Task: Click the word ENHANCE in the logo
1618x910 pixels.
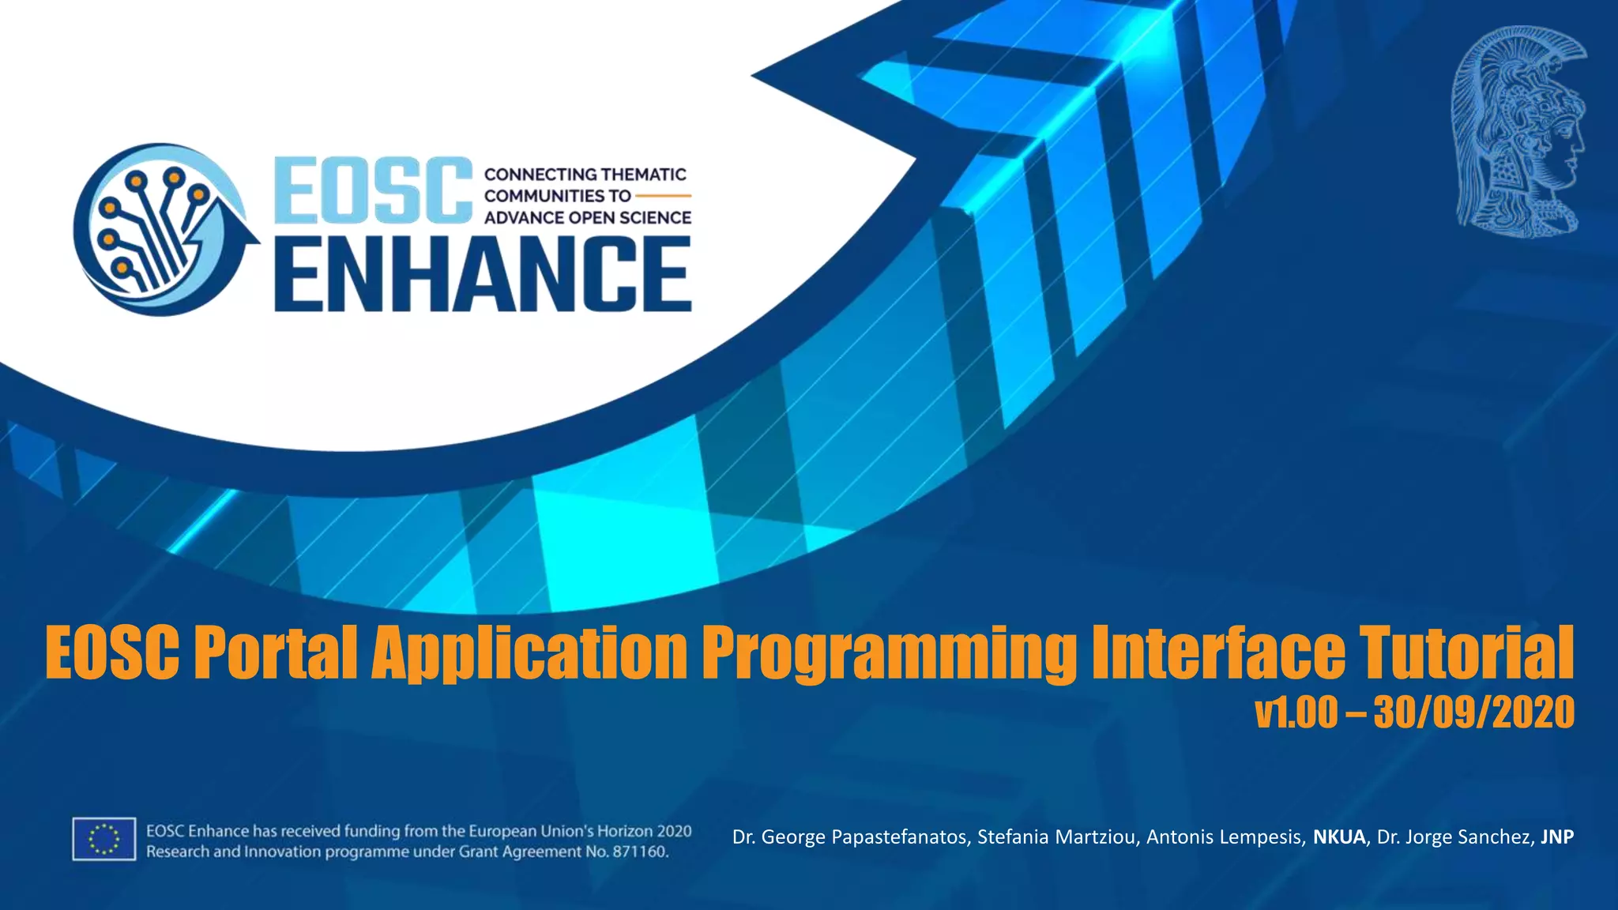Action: tap(483, 273)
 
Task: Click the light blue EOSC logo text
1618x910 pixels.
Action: tap(374, 190)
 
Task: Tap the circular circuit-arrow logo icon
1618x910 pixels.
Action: tap(162, 229)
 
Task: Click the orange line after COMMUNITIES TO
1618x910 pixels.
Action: tap(663, 195)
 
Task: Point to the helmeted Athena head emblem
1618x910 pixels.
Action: tap(1518, 133)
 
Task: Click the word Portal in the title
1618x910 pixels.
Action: tap(276, 652)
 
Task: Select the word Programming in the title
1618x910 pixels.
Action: tap(890, 652)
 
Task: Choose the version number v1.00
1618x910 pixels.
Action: tap(1296, 712)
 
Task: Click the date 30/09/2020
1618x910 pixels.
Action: tap(1474, 712)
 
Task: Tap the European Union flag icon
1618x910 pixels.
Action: tap(104, 839)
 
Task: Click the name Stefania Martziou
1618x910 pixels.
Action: tap(1056, 837)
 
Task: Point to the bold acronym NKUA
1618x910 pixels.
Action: tap(1339, 837)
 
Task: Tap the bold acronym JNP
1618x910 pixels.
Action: tap(1557, 837)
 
